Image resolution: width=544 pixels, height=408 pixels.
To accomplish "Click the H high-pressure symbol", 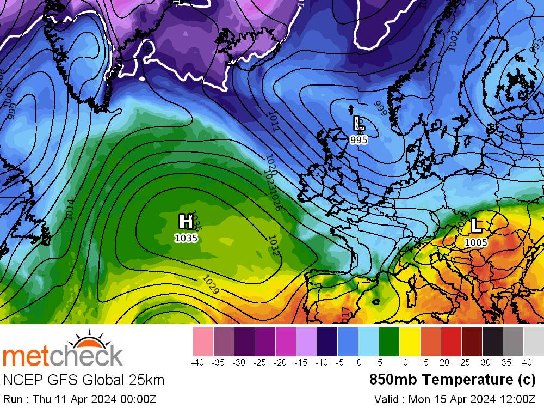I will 186,221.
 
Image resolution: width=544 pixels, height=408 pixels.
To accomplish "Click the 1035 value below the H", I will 186,238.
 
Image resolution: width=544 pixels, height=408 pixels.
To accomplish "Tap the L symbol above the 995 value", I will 358,123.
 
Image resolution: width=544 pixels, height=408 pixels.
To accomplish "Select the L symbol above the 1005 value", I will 476,225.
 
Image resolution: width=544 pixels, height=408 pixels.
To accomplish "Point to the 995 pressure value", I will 358,140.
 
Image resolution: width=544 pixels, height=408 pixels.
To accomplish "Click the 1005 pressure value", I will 476,242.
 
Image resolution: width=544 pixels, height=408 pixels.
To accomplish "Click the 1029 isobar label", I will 211,285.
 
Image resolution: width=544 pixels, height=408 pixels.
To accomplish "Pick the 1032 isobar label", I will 273,245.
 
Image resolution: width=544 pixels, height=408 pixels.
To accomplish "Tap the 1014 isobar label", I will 69,210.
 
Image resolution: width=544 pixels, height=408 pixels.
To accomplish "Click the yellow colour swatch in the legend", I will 410,342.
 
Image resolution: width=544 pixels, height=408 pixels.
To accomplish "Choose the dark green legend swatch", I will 389,342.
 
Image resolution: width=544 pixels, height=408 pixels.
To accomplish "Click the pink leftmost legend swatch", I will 203,342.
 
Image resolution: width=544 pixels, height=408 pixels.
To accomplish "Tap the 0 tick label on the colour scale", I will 358,362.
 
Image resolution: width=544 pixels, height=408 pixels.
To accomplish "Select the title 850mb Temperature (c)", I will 453,379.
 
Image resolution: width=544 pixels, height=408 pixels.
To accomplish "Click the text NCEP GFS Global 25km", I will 84,380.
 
